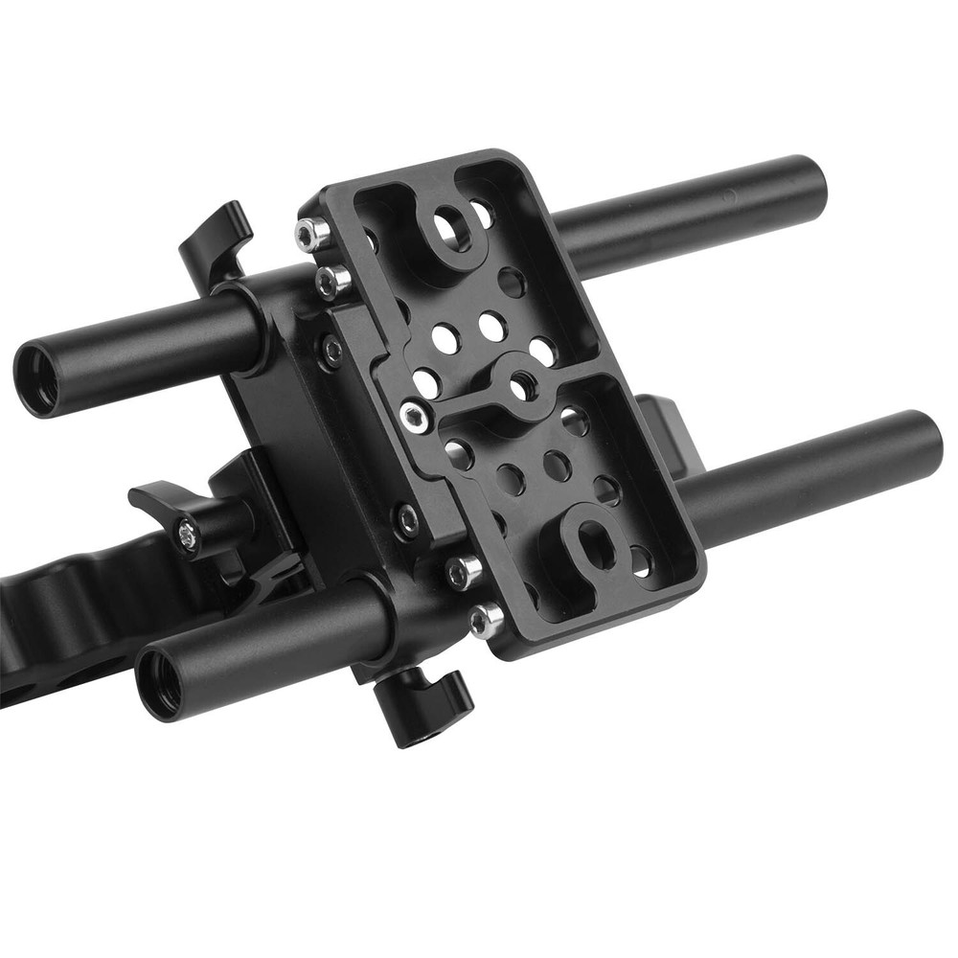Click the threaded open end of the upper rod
(x=37, y=380)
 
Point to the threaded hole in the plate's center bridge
(x=522, y=386)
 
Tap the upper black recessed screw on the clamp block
(x=331, y=351)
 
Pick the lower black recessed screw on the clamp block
(x=408, y=520)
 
